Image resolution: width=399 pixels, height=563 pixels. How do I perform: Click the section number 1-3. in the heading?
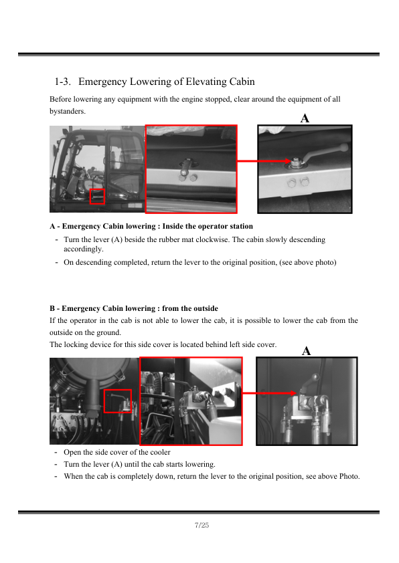click(x=62, y=82)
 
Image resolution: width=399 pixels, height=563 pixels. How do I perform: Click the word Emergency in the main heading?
click(x=103, y=82)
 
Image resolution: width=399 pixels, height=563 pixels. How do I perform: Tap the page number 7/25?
click(x=202, y=525)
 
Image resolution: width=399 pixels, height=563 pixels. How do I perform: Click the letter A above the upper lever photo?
click(x=305, y=118)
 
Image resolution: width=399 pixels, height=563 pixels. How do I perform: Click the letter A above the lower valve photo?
click(x=306, y=350)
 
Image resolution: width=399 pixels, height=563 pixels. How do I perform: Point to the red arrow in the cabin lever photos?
click(x=264, y=161)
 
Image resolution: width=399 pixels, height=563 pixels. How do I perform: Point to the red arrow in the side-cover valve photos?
click(x=269, y=393)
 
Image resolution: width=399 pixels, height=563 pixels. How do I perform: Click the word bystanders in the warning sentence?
click(x=67, y=111)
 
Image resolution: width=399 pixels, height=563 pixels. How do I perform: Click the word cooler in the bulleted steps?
click(x=160, y=452)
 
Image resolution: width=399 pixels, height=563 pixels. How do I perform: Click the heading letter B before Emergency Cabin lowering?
click(x=52, y=308)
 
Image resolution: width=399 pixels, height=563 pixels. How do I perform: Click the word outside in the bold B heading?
click(x=206, y=308)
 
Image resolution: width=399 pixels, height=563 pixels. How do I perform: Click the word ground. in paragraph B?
click(x=108, y=332)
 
